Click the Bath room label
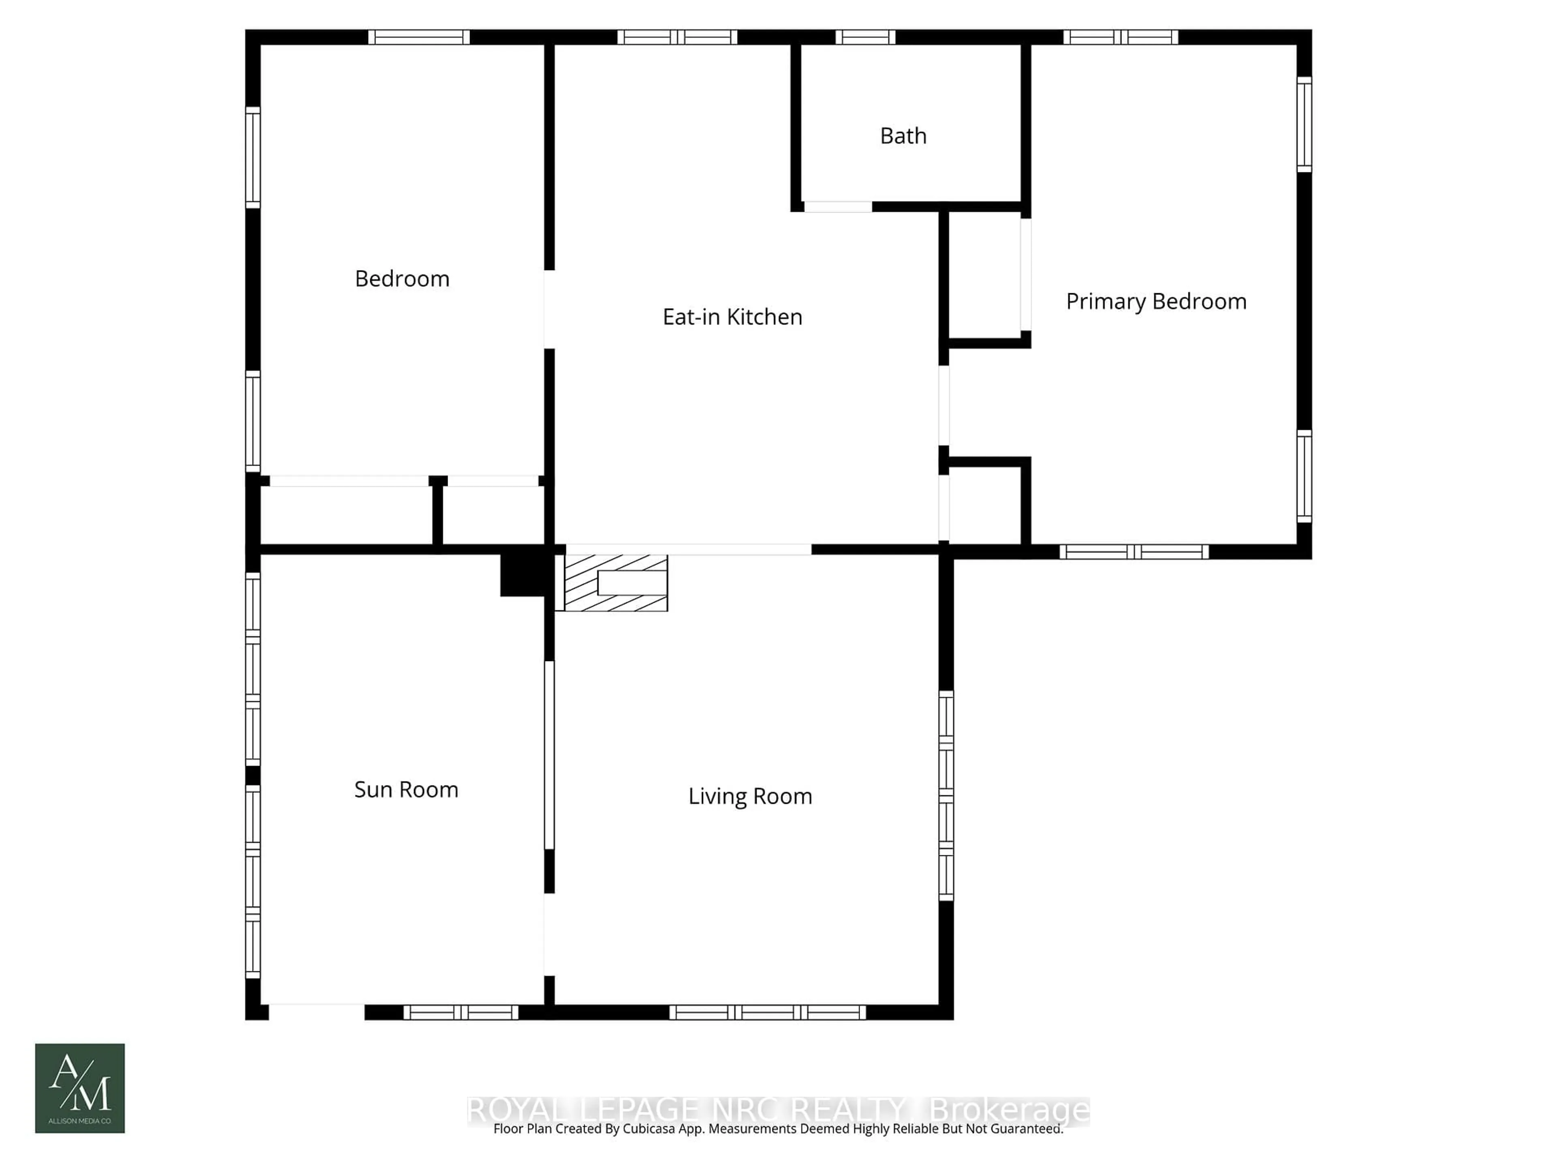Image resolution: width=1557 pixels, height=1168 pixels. (903, 136)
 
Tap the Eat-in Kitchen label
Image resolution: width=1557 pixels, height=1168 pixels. (732, 317)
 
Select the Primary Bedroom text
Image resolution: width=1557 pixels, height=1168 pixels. (1156, 301)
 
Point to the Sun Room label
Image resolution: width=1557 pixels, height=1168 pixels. (406, 789)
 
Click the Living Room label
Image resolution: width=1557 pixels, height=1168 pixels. (750, 796)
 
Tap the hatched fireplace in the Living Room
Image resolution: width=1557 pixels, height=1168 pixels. (615, 583)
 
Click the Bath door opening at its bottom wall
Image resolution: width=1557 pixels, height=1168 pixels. (838, 206)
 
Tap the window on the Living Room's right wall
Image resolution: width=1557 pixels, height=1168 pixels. (946, 796)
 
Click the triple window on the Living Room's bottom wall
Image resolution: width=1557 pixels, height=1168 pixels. (767, 1012)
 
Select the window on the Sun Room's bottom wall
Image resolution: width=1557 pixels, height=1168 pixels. (460, 1012)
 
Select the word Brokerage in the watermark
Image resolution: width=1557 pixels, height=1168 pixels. (1009, 1110)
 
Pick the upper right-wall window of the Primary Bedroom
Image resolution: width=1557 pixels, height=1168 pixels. (1304, 125)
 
